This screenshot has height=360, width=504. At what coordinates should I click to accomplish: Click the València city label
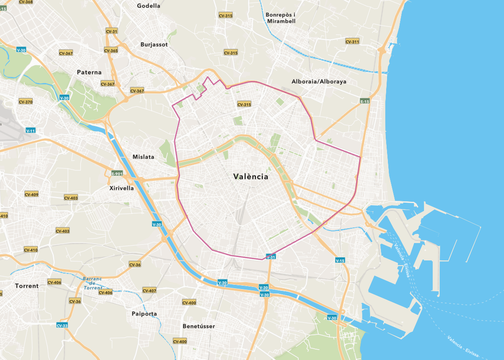(x=250, y=177)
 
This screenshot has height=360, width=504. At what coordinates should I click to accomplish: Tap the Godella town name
(x=148, y=6)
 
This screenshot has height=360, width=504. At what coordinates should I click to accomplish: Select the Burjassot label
(x=154, y=44)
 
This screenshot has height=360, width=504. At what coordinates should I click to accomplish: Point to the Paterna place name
(x=89, y=72)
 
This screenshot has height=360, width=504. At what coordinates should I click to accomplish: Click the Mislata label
(x=143, y=157)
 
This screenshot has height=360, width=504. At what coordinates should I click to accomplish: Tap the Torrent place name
(x=27, y=286)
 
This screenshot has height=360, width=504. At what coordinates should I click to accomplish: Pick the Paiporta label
(x=144, y=313)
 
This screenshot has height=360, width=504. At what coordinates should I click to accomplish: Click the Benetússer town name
(x=198, y=326)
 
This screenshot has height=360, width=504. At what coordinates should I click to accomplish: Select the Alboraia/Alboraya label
(x=319, y=81)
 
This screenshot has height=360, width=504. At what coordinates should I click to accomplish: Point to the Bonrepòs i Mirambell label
(x=280, y=17)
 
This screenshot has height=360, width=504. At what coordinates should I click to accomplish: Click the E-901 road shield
(x=117, y=173)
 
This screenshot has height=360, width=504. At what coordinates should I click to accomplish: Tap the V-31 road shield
(x=270, y=257)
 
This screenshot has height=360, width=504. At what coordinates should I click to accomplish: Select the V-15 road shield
(x=340, y=260)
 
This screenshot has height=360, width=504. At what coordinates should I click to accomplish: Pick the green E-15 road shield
(x=365, y=101)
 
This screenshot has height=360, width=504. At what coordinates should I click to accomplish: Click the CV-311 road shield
(x=352, y=42)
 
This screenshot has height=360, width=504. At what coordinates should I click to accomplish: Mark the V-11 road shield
(x=31, y=130)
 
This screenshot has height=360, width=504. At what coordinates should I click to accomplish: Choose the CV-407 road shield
(x=149, y=290)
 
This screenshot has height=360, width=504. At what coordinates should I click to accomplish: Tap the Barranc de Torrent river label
(x=93, y=283)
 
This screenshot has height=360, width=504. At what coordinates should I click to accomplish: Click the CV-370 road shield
(x=26, y=102)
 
